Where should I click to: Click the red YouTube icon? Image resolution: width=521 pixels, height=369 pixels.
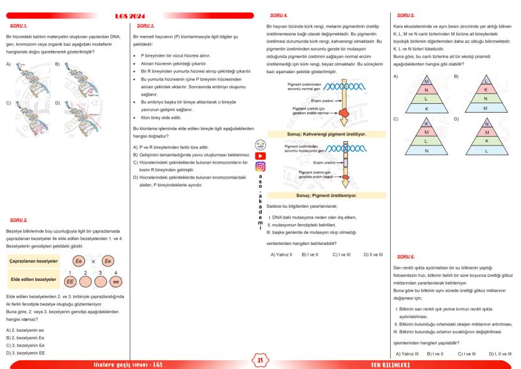tap(260, 156)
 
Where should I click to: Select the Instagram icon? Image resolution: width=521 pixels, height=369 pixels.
tap(260, 167)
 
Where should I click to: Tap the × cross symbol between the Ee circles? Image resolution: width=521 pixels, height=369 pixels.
tap(91, 261)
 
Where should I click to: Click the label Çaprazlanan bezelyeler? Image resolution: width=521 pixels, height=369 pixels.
tap(34, 261)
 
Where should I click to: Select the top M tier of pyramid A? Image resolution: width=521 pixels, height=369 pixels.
tap(426, 81)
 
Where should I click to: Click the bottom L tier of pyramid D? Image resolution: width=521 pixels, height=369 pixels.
tap(486, 150)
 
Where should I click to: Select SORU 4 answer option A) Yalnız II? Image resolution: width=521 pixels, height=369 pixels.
tap(281, 254)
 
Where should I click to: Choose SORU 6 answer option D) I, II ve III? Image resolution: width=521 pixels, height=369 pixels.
tap(500, 354)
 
